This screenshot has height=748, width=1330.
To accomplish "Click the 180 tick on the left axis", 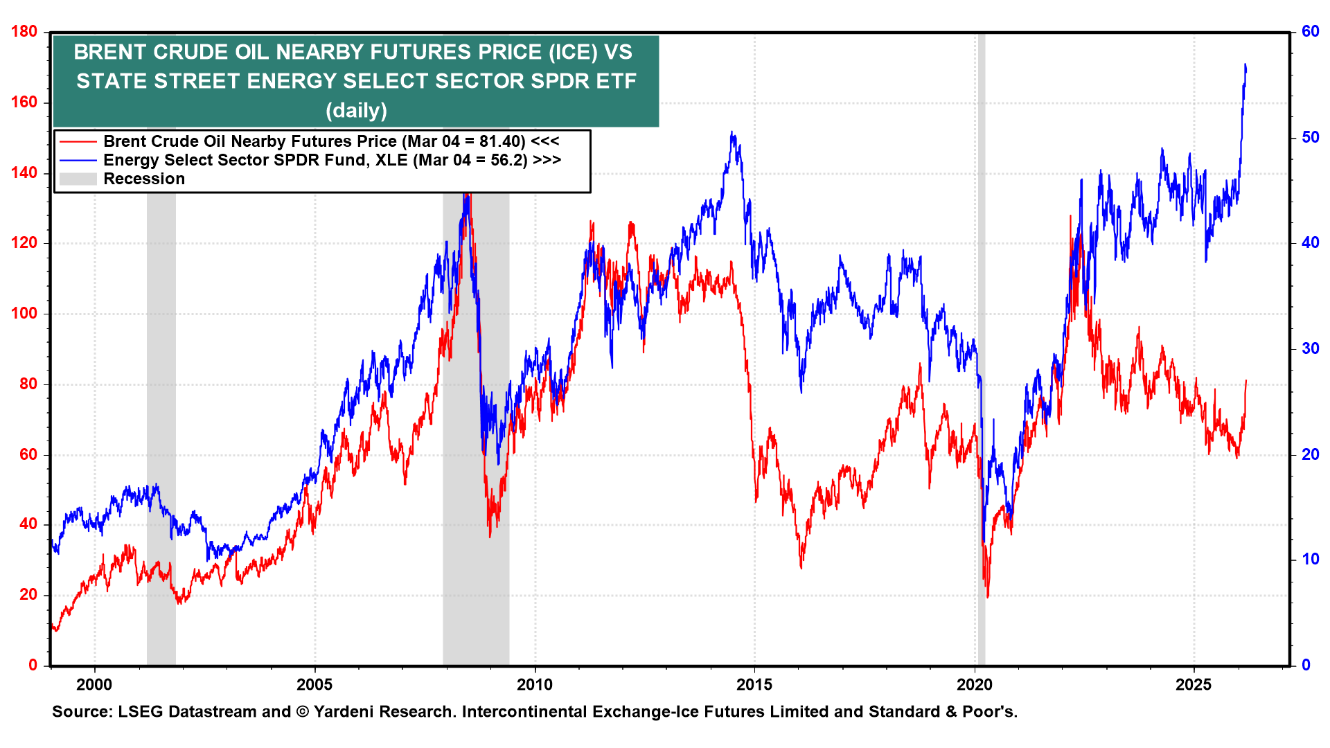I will click(x=24, y=32).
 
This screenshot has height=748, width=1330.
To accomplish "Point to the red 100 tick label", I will click(x=24, y=313).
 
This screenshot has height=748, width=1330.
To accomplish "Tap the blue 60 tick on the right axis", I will click(x=1310, y=32).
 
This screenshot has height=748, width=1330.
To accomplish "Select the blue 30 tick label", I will click(x=1310, y=348).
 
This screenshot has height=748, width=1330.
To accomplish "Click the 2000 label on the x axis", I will click(x=94, y=685).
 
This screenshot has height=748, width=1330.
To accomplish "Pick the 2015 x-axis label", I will click(x=754, y=685).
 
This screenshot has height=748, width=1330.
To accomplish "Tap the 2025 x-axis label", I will click(x=1194, y=685).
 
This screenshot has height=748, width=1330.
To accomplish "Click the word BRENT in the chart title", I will click(x=112, y=53).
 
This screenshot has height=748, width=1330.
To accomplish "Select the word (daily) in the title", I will click(x=356, y=110).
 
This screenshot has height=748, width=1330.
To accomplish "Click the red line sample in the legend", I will click(x=78, y=142).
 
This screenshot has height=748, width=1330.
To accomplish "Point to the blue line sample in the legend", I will click(x=78, y=161).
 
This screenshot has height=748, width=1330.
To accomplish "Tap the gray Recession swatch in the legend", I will click(x=78, y=179).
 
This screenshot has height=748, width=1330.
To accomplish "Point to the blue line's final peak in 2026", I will click(x=1245, y=64).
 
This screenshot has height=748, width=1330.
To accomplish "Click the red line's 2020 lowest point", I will click(x=987, y=597).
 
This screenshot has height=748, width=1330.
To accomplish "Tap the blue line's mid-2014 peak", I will click(x=731, y=132).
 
